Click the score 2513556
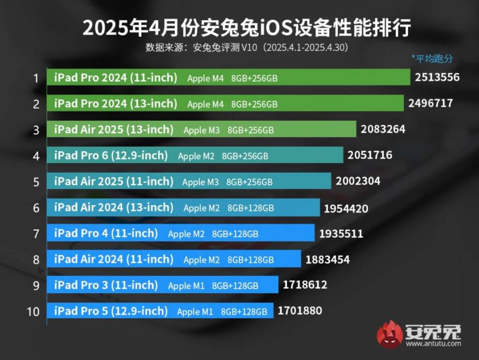437,77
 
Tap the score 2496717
430,103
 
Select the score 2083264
383,129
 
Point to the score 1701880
300,310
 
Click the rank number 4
36,155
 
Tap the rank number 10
33,311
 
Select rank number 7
36,233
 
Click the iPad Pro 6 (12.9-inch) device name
111,155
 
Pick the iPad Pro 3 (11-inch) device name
106,285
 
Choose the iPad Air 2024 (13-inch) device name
114,207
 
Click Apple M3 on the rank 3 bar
202,130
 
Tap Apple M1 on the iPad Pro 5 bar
195,311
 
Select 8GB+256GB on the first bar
254,79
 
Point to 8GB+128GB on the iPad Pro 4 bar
235,234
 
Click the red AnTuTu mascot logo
390,334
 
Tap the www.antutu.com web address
433,344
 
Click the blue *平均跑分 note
432,58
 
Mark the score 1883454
327,259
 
